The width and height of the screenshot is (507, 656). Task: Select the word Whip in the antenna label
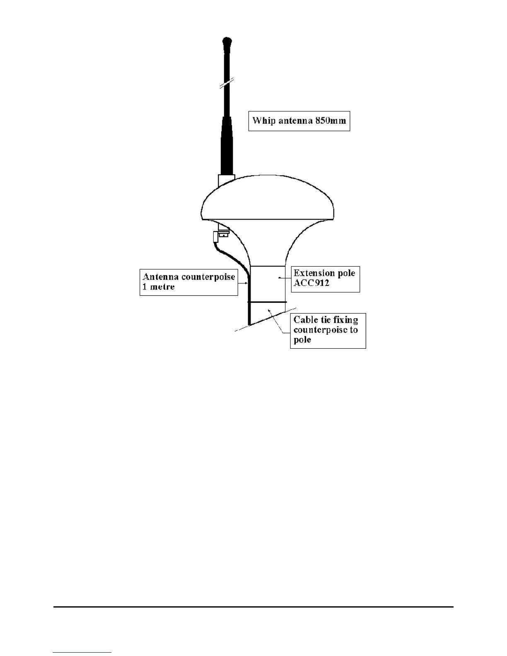coord(263,121)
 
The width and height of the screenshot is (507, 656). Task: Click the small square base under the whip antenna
coord(226,180)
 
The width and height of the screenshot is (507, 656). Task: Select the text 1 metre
coord(159,287)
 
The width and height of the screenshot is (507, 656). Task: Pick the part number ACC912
coord(311,283)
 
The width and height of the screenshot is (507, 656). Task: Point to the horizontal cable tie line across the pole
coord(267,302)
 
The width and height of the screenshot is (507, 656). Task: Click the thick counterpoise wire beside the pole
coord(249,298)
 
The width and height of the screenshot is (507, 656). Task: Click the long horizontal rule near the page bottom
coord(254,607)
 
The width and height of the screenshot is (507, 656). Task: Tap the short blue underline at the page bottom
coord(82,653)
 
